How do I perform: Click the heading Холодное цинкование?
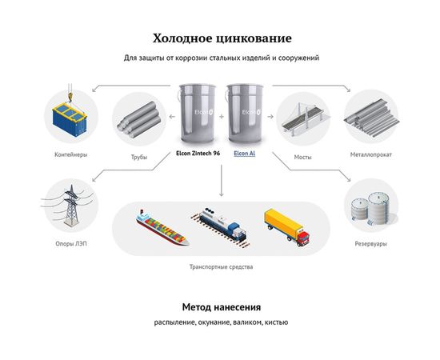(219, 38)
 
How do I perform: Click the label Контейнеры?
(70, 153)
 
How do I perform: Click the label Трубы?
(139, 157)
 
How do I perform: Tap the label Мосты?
(302, 157)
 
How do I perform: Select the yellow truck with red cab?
(286, 225)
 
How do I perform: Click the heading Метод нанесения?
(221, 306)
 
